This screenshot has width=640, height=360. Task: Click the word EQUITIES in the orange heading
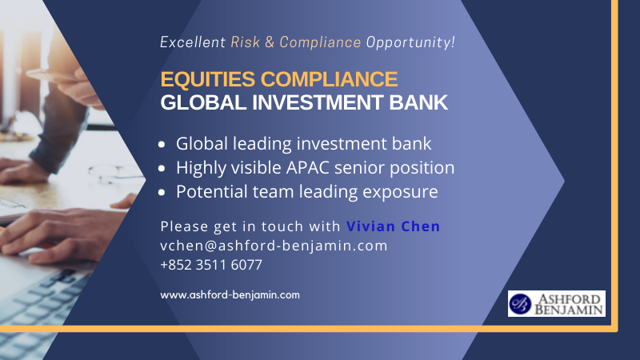click(208, 79)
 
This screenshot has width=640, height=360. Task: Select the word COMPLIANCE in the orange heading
click(329, 78)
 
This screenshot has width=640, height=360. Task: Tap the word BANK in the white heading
click(418, 102)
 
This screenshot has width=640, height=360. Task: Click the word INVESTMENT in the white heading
click(318, 102)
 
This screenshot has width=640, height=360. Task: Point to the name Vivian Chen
click(393, 226)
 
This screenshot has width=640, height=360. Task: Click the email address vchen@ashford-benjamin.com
click(274, 246)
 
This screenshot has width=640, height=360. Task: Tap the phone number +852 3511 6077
click(211, 265)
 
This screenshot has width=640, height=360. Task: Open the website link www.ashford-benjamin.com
click(230, 294)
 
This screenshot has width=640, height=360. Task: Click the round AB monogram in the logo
click(520, 304)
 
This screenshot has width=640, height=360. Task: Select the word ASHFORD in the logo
click(570, 298)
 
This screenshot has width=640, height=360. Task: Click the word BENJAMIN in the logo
click(569, 310)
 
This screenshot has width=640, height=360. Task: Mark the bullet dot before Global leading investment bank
click(162, 144)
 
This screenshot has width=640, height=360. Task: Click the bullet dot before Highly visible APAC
click(162, 168)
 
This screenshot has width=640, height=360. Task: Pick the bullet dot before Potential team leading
click(162, 192)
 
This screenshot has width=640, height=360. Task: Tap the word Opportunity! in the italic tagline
click(410, 42)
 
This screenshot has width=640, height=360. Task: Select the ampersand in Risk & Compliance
click(270, 42)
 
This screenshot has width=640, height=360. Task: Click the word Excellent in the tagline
click(193, 42)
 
